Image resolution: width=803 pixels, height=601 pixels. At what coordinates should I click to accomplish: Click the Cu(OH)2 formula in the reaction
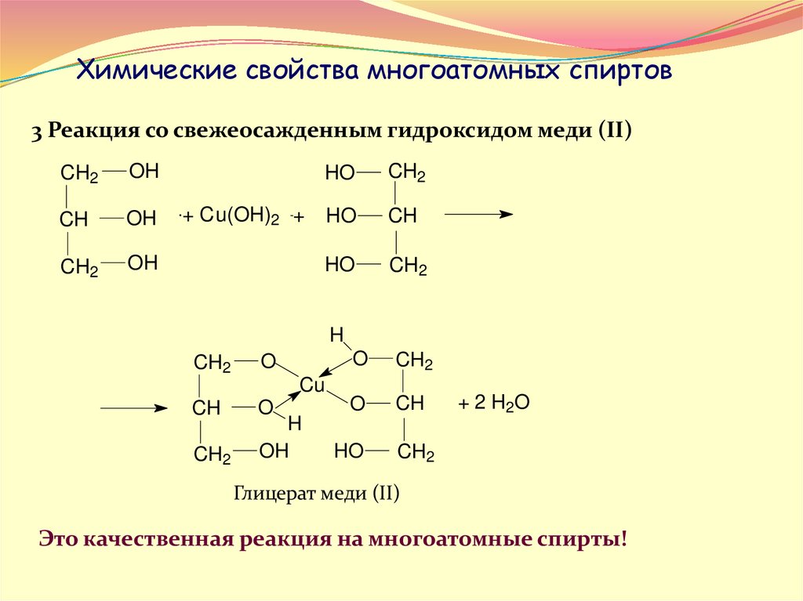tap(239, 216)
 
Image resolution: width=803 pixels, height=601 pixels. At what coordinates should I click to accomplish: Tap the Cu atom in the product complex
tap(312, 386)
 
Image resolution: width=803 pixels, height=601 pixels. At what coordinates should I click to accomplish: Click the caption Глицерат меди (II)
tap(317, 494)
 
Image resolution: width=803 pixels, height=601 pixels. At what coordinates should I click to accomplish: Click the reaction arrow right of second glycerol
tap(478, 214)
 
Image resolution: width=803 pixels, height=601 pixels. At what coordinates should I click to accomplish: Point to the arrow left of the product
tap(134, 408)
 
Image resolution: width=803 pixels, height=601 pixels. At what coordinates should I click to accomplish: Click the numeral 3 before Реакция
tap(36, 131)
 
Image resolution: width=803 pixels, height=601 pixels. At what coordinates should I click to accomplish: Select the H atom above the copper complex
tap(336, 335)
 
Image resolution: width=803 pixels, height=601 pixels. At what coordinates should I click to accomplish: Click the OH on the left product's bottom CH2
tap(274, 451)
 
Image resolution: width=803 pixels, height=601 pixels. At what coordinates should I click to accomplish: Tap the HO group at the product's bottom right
tap(348, 451)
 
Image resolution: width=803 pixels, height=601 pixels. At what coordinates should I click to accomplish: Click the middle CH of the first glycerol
tap(74, 219)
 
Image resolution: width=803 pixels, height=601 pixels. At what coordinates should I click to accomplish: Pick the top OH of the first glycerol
tap(144, 172)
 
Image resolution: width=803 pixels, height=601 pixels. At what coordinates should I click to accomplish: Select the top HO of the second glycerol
tap(340, 174)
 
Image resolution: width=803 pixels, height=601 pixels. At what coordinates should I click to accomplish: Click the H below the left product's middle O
tap(294, 424)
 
